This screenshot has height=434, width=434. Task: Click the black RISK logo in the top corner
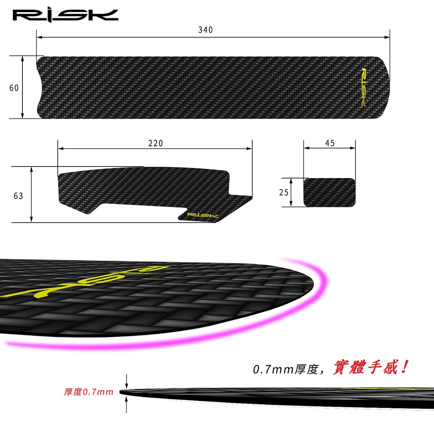tap(65, 15)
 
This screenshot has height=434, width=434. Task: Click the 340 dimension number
tap(205, 30)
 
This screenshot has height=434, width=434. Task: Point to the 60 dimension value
tap(14, 88)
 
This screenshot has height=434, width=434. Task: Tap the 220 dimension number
tap(155, 143)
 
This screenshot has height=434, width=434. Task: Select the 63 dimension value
tap(18, 196)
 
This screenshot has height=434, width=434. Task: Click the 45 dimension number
tap(330, 143)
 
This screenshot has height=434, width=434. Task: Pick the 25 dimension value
tap(283, 192)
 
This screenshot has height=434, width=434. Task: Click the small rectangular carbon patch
tap(330, 192)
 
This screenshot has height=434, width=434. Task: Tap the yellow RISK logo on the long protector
tap(363, 88)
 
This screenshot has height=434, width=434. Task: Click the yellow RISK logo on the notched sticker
tap(203, 215)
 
